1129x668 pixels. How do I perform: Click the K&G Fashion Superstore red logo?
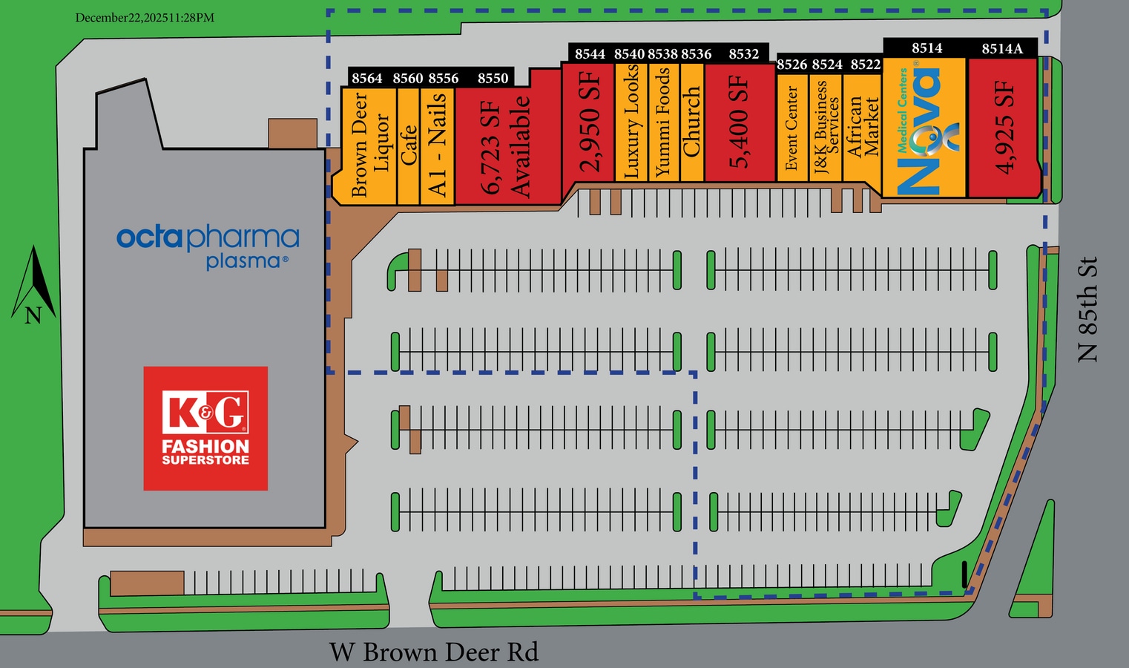pyautogui.click(x=205, y=428)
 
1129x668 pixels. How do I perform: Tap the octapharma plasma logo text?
pyautogui.click(x=208, y=245)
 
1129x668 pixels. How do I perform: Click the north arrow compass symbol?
pyautogui.click(x=33, y=286)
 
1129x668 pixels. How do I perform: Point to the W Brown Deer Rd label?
pyautogui.click(x=434, y=652)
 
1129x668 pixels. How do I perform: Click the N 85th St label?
pyautogui.click(x=1087, y=310)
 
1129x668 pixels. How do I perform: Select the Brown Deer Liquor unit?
pyautogui.click(x=369, y=145)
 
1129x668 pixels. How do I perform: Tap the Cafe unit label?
pyautogui.click(x=409, y=145)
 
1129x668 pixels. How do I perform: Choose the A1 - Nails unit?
pyautogui.click(x=438, y=145)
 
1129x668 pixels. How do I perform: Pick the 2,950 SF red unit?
pyautogui.click(x=589, y=122)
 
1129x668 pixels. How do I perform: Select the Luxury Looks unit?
pyautogui.click(x=631, y=122)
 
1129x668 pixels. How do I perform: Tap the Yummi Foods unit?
pyautogui.click(x=663, y=122)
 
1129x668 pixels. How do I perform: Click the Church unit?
pyautogui.click(x=691, y=122)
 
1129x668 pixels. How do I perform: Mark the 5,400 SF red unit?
pyautogui.click(x=739, y=122)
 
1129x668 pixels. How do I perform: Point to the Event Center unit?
pyautogui.click(x=791, y=128)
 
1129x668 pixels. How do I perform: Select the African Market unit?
pyautogui.click(x=862, y=128)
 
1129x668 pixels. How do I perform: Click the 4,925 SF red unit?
pyautogui.click(x=1004, y=128)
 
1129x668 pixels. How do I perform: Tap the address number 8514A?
pyautogui.click(x=1002, y=49)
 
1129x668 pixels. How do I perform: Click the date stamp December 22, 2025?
pyautogui.click(x=145, y=18)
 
